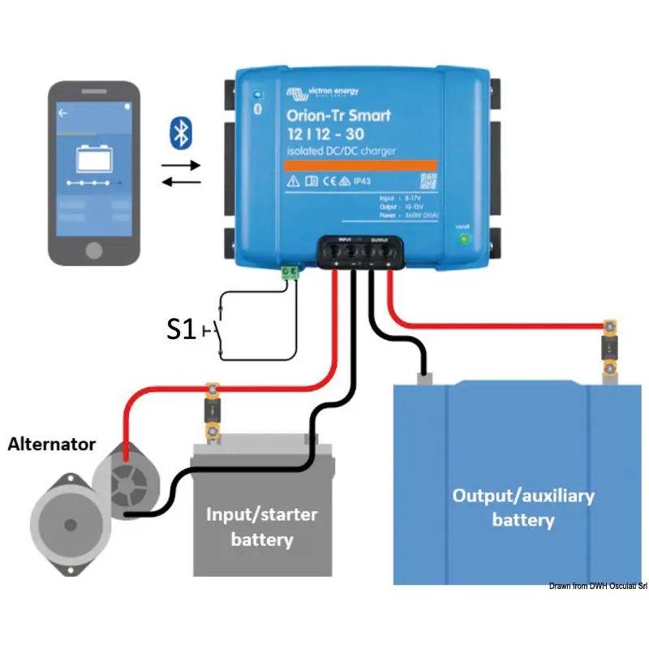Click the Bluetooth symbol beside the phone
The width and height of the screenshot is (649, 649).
(x=179, y=132)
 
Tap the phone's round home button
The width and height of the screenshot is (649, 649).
(x=93, y=247)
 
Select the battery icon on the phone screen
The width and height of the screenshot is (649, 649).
(x=94, y=158)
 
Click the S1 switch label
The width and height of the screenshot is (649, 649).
(x=182, y=329)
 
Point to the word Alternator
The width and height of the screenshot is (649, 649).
(x=52, y=445)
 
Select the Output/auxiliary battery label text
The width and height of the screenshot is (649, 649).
(x=522, y=507)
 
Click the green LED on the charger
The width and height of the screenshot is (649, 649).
(x=464, y=239)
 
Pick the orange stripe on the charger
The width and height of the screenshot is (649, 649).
(x=360, y=164)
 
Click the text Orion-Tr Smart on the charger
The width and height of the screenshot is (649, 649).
(x=337, y=115)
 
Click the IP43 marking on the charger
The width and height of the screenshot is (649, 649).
(x=359, y=181)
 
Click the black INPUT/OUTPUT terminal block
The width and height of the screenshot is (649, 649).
(x=361, y=252)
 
